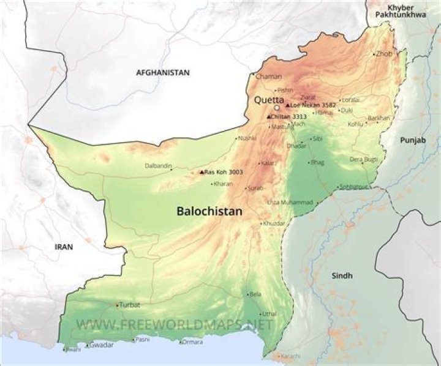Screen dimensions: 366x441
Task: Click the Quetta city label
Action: (x=269, y=99)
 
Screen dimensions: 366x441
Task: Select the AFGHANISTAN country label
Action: (x=162, y=72)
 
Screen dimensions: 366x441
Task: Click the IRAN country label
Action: (x=64, y=247)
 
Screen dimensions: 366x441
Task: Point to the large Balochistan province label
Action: (x=209, y=211)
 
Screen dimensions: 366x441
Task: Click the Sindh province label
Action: (x=342, y=276)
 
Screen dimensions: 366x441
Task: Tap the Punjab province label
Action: (x=412, y=140)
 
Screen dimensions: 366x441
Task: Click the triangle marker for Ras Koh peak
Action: (x=202, y=172)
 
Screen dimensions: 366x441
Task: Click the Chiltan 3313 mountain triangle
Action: (x=268, y=116)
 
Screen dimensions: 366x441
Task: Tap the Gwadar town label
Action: (x=101, y=345)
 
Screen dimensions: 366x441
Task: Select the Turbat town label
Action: (x=129, y=305)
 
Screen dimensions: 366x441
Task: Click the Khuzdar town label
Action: (x=275, y=223)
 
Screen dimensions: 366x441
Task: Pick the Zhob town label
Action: (x=385, y=54)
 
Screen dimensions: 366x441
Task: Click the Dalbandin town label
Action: (x=158, y=165)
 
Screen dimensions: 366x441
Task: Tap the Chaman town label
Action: (x=268, y=77)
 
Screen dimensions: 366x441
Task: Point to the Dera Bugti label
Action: (x=363, y=159)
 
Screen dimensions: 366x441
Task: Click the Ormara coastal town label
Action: (x=192, y=342)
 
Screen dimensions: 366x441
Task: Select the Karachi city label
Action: (x=292, y=356)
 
